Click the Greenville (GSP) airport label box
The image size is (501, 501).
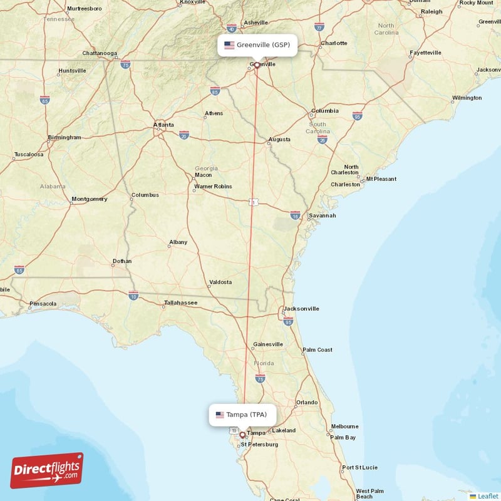[257, 45]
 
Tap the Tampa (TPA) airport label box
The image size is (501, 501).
[242, 415]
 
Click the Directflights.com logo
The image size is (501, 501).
[47, 471]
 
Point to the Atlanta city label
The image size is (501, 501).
[164, 125]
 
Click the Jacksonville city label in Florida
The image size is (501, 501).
[301, 309]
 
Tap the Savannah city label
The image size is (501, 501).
[323, 215]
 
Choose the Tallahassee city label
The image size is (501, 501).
[180, 303]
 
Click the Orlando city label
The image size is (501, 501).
[307, 402]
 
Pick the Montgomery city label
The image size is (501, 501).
[90, 199]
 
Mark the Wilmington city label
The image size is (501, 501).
[467, 98]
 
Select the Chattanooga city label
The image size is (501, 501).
[100, 53]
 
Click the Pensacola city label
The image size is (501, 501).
[43, 304]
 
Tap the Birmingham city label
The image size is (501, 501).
[65, 137]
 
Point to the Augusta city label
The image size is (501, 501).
[279, 139]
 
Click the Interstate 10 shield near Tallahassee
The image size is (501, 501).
[133, 295]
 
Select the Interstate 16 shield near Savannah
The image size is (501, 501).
[295, 215]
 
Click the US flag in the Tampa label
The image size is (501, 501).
[220, 415]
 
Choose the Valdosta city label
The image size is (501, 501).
[220, 282]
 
